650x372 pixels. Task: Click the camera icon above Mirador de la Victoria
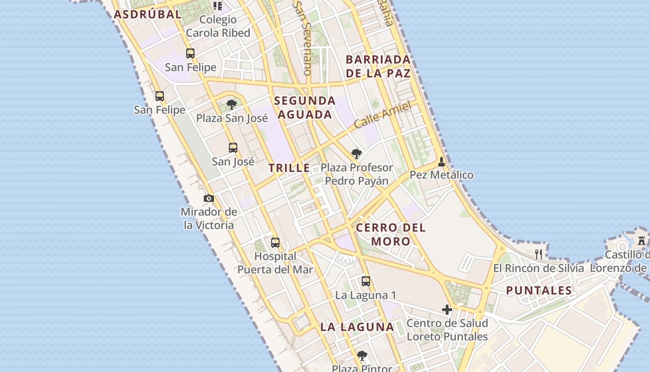(x=209, y=199)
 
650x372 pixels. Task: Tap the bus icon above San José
(x=233, y=148)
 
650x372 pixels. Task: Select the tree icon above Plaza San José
(x=231, y=105)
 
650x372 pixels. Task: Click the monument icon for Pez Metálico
(x=441, y=162)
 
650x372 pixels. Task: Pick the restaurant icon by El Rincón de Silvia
(x=539, y=254)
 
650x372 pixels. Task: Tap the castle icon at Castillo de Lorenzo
(x=642, y=241)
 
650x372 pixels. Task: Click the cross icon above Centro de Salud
(x=447, y=310)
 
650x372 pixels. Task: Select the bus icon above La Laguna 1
(x=366, y=281)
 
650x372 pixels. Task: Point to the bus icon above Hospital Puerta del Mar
(x=275, y=242)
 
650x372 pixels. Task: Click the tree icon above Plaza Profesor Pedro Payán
(x=356, y=154)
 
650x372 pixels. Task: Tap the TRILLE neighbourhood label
(x=289, y=168)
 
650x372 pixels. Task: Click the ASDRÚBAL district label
(x=148, y=14)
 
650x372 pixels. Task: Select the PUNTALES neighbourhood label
(x=539, y=291)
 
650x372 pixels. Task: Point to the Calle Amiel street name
(x=383, y=115)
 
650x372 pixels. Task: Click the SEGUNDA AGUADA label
(x=305, y=107)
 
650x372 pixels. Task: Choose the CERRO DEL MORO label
(x=390, y=234)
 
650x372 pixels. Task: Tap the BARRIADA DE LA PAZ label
(x=378, y=66)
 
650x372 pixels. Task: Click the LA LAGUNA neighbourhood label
(x=357, y=327)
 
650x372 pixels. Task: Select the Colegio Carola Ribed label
(x=218, y=27)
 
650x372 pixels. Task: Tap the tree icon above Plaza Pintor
(x=362, y=356)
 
